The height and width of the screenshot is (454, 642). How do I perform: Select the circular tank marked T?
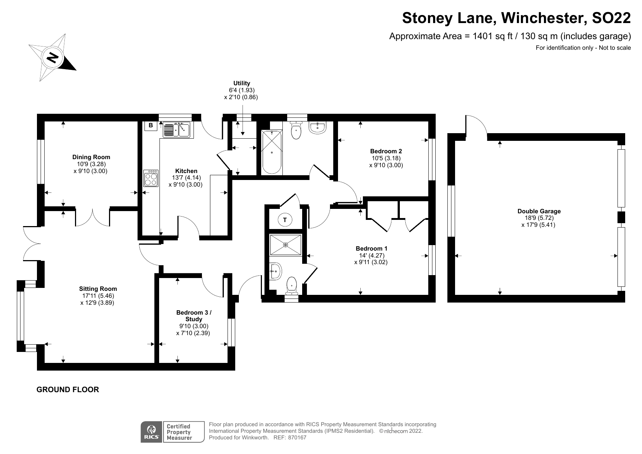(x=285, y=220)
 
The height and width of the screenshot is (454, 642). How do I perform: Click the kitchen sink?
(x=176, y=130)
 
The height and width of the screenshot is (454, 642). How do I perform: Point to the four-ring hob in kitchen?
(x=151, y=178)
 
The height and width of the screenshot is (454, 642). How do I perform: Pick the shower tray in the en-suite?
(x=286, y=244)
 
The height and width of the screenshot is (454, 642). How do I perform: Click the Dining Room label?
(x=91, y=157)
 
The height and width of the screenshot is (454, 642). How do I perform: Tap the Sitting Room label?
(x=97, y=289)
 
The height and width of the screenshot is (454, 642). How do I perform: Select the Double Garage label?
(x=539, y=211)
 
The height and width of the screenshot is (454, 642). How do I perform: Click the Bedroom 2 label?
(x=386, y=151)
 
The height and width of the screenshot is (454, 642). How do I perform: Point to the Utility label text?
(x=241, y=83)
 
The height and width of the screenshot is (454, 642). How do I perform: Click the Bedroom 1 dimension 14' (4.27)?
(x=371, y=255)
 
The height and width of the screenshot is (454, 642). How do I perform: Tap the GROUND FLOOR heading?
(x=68, y=390)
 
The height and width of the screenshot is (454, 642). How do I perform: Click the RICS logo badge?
(x=151, y=432)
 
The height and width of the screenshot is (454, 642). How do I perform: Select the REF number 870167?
(x=297, y=438)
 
